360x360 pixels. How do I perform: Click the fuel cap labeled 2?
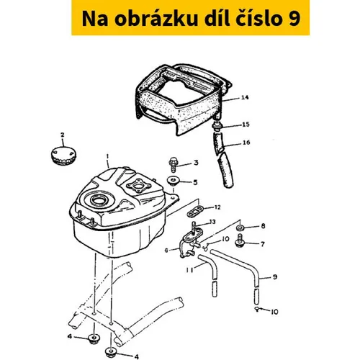click(x=63, y=156)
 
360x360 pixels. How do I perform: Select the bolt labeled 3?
click(x=173, y=164)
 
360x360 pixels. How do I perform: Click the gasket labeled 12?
click(x=195, y=211)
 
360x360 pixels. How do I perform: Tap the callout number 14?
click(x=245, y=97)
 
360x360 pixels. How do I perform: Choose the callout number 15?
click(x=246, y=125)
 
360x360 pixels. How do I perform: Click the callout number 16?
click(x=246, y=143)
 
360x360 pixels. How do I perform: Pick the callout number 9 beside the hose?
click(x=275, y=276)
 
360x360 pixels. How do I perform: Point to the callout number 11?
click(x=189, y=270)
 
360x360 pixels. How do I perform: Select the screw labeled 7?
click(x=239, y=241)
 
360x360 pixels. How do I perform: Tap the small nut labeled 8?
click(x=240, y=228)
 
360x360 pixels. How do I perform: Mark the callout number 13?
click(x=212, y=222)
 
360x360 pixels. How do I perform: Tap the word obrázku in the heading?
click(x=156, y=19)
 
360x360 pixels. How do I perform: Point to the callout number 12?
click(x=217, y=207)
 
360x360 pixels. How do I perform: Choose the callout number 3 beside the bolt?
click(x=196, y=163)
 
